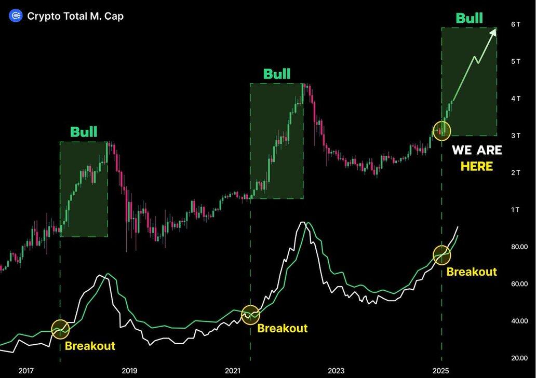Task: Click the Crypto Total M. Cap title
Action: pyautogui.click(x=75, y=16)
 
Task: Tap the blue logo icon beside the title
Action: pyautogui.click(x=16, y=16)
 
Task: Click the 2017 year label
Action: pyautogui.click(x=26, y=371)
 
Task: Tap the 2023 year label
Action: pyautogui.click(x=336, y=371)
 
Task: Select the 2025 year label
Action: pyautogui.click(x=441, y=371)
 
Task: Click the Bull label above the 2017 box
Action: pyautogui.click(x=84, y=132)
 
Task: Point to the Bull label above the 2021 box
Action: pyautogui.click(x=277, y=74)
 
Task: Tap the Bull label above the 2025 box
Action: pyautogui.click(x=469, y=18)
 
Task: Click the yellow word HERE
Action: pyautogui.click(x=477, y=167)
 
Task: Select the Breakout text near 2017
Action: pyautogui.click(x=90, y=346)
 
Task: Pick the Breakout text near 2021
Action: pyautogui.click(x=283, y=328)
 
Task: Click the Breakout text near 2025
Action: pyautogui.click(x=472, y=272)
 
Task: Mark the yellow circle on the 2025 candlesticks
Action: pyautogui.click(x=442, y=130)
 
